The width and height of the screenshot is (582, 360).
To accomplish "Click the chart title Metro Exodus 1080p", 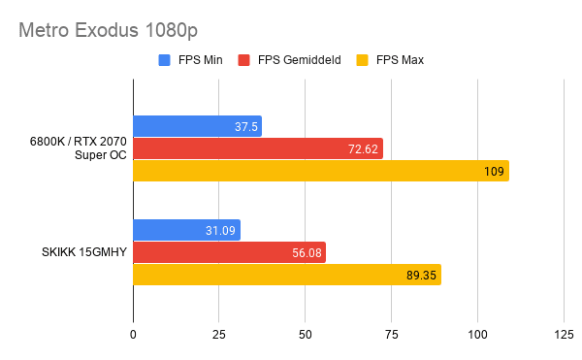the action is [108, 30].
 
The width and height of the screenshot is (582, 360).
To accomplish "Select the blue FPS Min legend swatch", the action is [164, 60].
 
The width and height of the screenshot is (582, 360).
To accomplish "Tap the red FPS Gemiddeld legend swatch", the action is [243, 60].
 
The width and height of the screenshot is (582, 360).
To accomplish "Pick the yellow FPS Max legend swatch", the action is [362, 60].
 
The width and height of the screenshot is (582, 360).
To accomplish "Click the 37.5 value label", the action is [246, 127].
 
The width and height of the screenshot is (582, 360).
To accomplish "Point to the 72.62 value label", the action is [363, 149].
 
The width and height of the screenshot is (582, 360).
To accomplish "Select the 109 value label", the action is [494, 172].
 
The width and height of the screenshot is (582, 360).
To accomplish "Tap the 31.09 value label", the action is [220, 231].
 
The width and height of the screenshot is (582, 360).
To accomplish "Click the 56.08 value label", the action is [307, 253].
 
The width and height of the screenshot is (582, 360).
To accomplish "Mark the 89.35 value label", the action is [421, 276].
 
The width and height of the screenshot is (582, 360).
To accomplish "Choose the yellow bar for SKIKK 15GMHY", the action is [287, 275].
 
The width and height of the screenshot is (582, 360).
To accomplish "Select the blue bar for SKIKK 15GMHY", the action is [186, 230].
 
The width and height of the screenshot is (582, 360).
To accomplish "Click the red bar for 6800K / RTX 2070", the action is [258, 148].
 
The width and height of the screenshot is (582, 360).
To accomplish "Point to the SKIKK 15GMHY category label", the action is [84, 252].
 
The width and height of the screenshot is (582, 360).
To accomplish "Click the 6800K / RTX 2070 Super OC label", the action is [79, 148].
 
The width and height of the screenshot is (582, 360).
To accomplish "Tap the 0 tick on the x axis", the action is [133, 335].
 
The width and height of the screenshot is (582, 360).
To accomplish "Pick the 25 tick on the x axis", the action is [219, 335].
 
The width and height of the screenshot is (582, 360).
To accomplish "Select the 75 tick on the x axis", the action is [392, 335].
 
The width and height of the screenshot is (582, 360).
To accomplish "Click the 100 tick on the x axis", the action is [477, 335].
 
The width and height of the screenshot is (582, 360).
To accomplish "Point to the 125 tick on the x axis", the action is [564, 335].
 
